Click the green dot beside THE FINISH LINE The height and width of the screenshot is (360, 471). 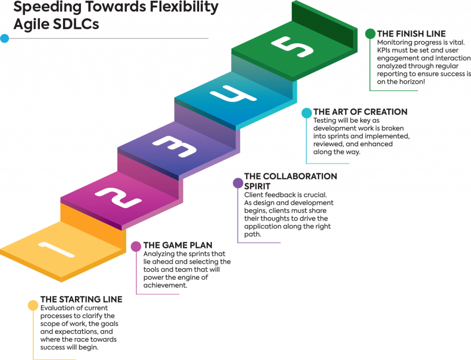[370, 34]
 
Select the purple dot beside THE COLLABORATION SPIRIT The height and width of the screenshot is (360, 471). [238, 183]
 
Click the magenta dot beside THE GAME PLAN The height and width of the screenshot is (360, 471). [136, 246]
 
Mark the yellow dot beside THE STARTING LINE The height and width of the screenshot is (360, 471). [33, 305]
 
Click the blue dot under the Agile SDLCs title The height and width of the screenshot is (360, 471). [5, 38]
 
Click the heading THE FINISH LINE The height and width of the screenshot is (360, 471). [411, 34]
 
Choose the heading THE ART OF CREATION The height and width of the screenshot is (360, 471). [360, 112]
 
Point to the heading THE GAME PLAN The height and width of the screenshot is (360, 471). [178, 245]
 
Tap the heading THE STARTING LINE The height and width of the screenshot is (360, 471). [81, 300]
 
